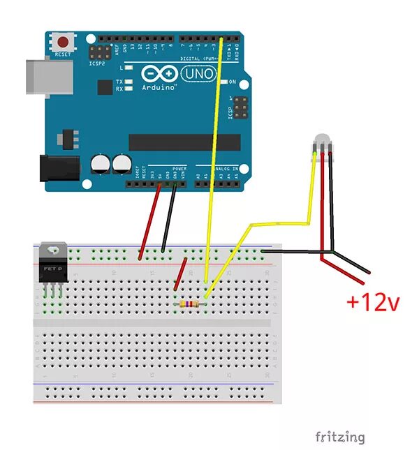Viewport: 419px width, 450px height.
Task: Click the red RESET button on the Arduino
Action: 64,42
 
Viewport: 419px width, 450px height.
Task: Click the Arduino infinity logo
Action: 159,73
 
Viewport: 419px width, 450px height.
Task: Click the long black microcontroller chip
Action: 184,142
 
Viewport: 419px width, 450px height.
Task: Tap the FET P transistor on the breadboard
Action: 54,268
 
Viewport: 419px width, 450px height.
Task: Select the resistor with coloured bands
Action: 189,304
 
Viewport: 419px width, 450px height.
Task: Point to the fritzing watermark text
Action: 339,437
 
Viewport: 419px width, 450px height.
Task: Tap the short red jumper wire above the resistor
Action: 180,276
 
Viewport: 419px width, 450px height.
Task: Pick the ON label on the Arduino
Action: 233,82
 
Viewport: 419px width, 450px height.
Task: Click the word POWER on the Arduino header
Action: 179,168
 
